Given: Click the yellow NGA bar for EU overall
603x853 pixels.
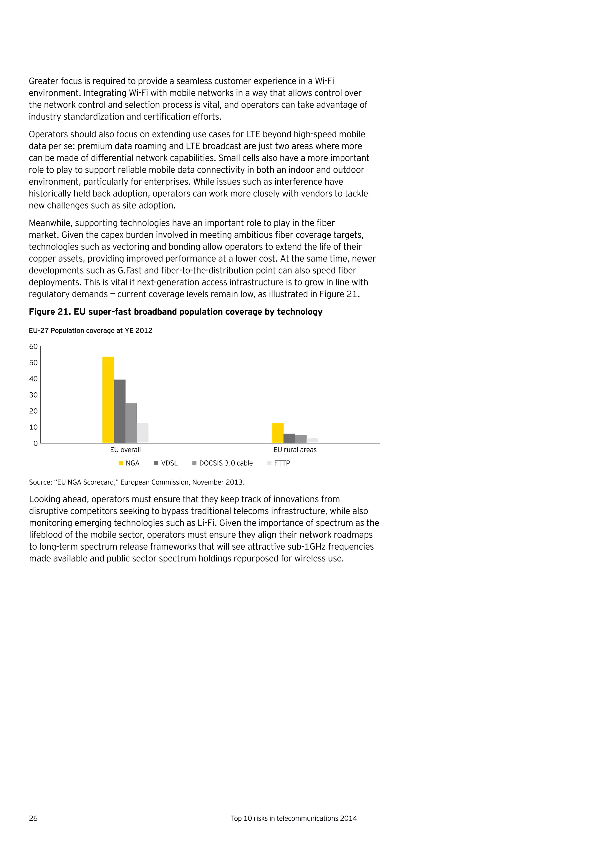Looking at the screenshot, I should pos(108,400).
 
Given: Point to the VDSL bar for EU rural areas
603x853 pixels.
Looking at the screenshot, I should pos(289,438).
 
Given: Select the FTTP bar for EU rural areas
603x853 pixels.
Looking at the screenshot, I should pos(312,441).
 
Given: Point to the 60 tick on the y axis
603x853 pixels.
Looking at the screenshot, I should pos(33,347).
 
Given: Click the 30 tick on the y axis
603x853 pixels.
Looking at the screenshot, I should pos(33,395).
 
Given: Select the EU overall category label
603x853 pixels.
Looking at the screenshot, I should pos(125,450).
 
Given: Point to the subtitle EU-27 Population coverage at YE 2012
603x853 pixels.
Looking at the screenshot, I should pos(91,331).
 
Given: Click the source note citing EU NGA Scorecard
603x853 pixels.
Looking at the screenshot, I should pos(137,482).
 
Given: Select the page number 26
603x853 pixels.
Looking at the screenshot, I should pos(33,819).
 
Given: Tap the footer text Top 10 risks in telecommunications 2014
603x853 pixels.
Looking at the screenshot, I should pos(294,819).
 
